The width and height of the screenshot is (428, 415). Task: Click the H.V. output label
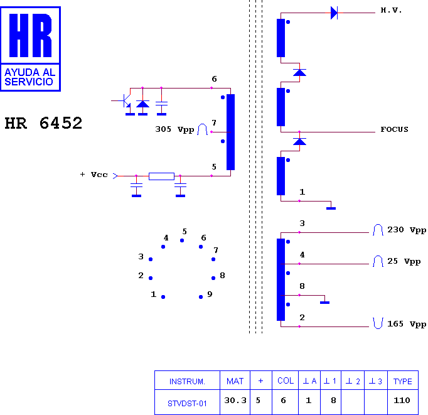[x=391, y=11]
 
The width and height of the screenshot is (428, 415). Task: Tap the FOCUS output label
[x=395, y=129]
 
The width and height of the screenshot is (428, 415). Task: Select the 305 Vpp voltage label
[x=174, y=129]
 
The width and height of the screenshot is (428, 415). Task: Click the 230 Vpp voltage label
[x=407, y=230]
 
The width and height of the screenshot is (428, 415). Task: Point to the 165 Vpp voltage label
[x=407, y=324]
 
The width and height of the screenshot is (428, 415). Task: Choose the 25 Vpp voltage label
[x=404, y=261]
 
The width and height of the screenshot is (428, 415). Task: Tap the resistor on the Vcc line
[x=161, y=176]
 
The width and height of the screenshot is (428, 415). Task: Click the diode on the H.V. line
[x=334, y=13]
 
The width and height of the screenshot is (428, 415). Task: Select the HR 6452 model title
[x=43, y=123]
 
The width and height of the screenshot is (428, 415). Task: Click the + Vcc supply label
[x=94, y=175]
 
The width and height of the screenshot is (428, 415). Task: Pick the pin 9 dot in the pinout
[x=201, y=297]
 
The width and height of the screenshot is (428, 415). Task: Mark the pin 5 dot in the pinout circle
[x=182, y=240]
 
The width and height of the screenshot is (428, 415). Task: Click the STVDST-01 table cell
[x=187, y=404]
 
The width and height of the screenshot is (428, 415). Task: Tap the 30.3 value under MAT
[x=235, y=401]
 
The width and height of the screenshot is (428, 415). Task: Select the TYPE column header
[x=403, y=382]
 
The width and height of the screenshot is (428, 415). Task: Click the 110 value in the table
[x=402, y=401]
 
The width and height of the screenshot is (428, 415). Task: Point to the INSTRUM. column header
[x=187, y=382]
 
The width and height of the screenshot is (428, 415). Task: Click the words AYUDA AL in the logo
[x=30, y=72]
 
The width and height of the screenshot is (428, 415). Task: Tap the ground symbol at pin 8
[x=324, y=303]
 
